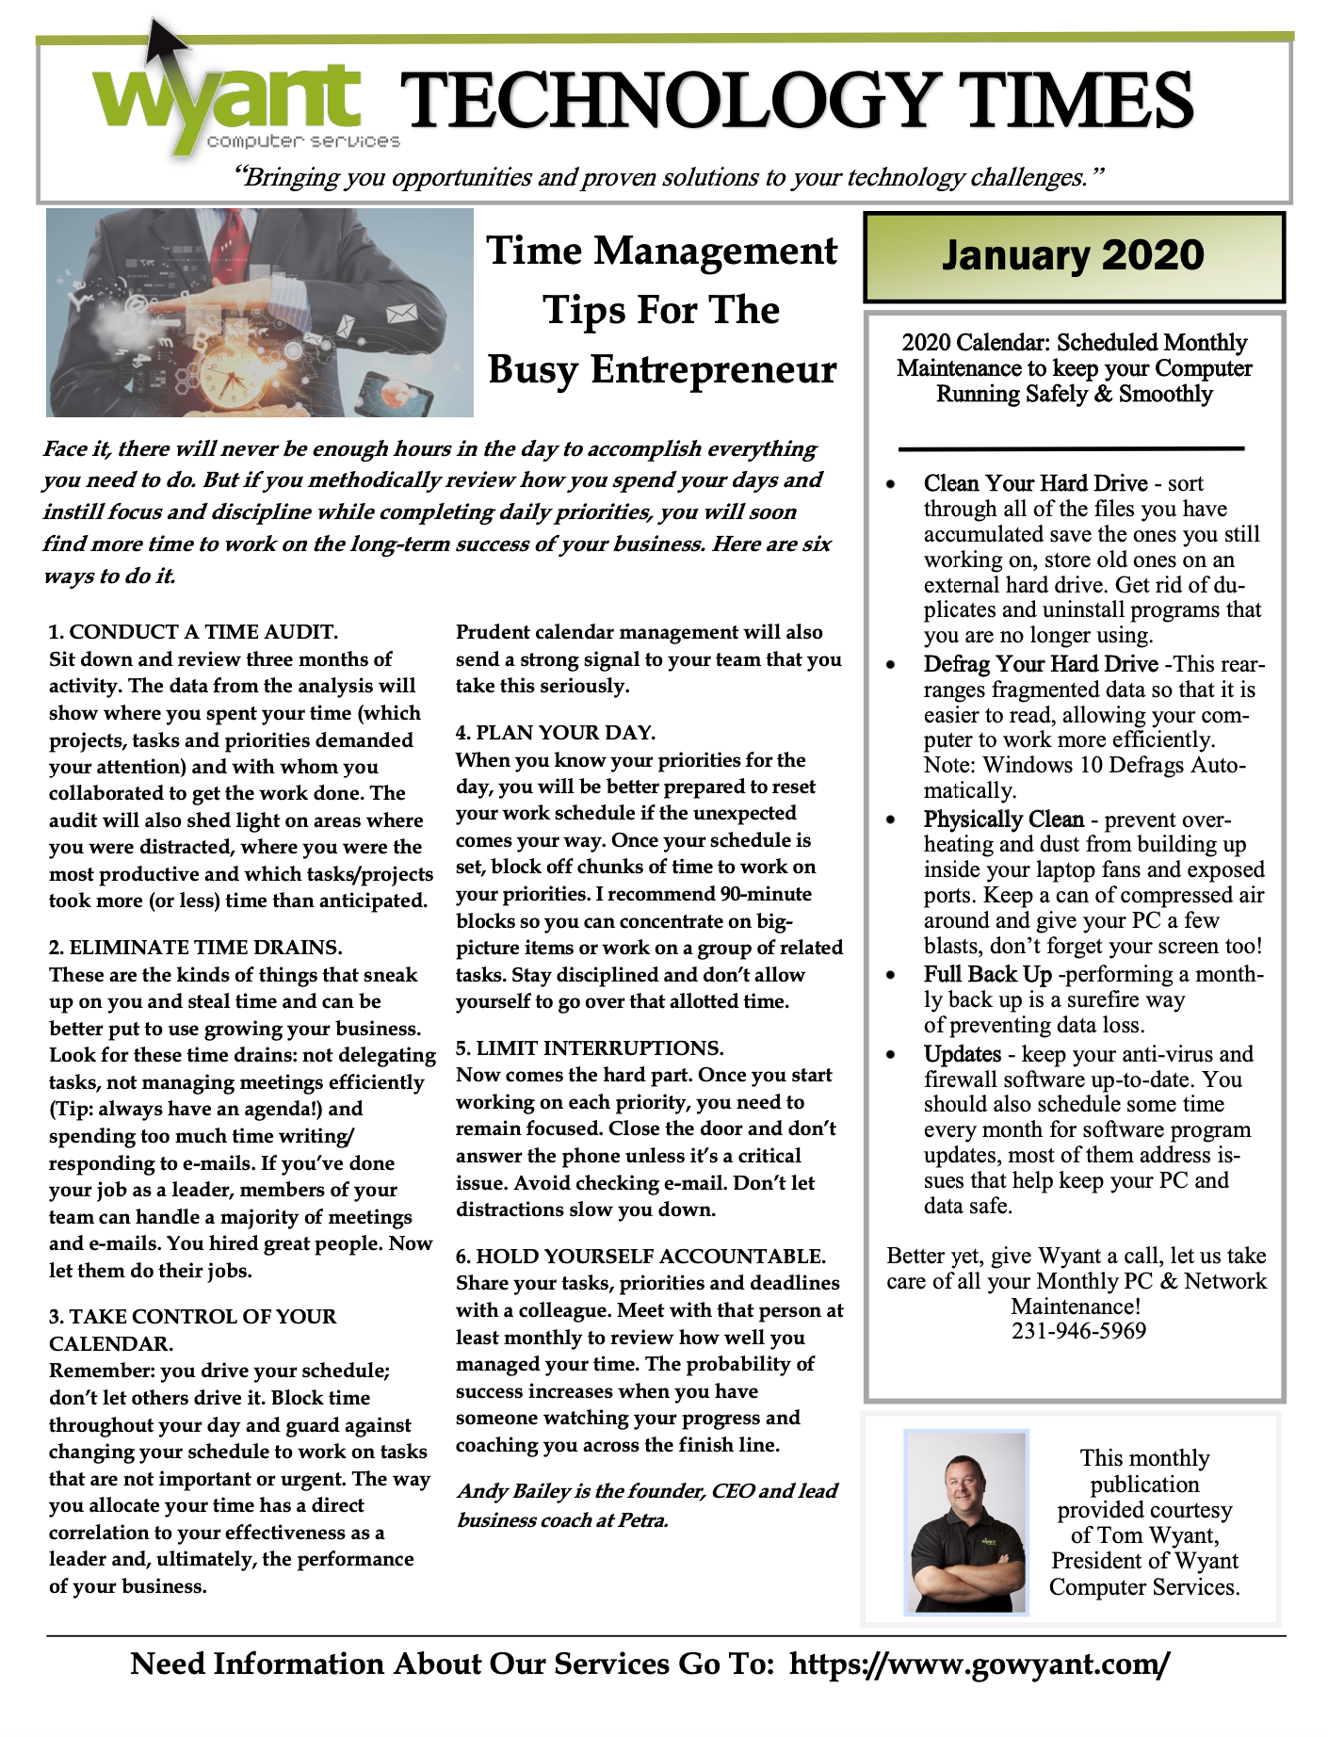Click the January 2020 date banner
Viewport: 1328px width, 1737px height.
pos(1073,256)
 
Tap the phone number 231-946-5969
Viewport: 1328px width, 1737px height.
pos(1078,1331)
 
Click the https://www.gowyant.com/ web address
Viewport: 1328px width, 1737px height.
pos(980,1664)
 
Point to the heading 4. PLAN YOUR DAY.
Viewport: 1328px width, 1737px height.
pos(556,732)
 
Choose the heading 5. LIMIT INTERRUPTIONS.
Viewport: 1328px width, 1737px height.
pos(590,1047)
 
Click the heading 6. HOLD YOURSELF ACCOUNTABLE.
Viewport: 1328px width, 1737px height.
pos(640,1256)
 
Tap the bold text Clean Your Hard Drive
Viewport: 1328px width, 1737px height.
pos(1035,483)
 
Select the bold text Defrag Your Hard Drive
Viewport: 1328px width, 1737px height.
pos(1041,664)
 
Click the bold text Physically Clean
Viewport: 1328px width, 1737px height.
pos(1004,819)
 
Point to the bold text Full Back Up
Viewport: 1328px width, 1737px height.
pos(987,973)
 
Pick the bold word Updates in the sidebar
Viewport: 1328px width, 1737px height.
pos(962,1054)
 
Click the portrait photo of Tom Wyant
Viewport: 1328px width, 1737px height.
pos(967,1523)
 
